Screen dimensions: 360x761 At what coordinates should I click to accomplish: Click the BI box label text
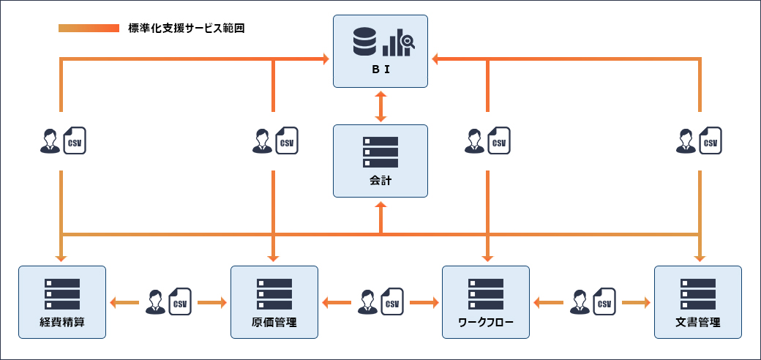point(380,71)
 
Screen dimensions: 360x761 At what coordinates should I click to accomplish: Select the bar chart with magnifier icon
point(398,43)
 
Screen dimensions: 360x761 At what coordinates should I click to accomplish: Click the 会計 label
point(380,180)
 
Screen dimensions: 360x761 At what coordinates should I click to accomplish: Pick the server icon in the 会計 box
point(380,152)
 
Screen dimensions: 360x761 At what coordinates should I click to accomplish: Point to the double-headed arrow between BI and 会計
point(380,106)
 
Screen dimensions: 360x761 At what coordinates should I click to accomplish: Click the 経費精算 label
point(62,322)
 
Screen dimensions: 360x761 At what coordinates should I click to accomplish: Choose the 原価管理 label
point(274,322)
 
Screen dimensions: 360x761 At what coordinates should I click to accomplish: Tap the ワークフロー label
point(486,322)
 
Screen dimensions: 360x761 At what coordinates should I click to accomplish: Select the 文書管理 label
point(698,322)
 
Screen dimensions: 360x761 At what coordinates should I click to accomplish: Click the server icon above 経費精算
point(62,293)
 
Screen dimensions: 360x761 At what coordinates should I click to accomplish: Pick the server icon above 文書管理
point(698,293)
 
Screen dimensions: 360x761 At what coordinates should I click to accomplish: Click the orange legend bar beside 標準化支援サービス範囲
point(89,29)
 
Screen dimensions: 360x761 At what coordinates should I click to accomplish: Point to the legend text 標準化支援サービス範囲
point(186,29)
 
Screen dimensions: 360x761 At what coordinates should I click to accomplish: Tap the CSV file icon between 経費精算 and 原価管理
point(180,301)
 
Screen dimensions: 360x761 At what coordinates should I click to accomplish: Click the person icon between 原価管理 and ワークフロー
point(368,301)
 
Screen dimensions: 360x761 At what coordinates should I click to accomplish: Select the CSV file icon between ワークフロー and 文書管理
point(604,301)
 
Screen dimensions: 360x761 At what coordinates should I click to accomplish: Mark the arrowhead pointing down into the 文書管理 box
point(700,258)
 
